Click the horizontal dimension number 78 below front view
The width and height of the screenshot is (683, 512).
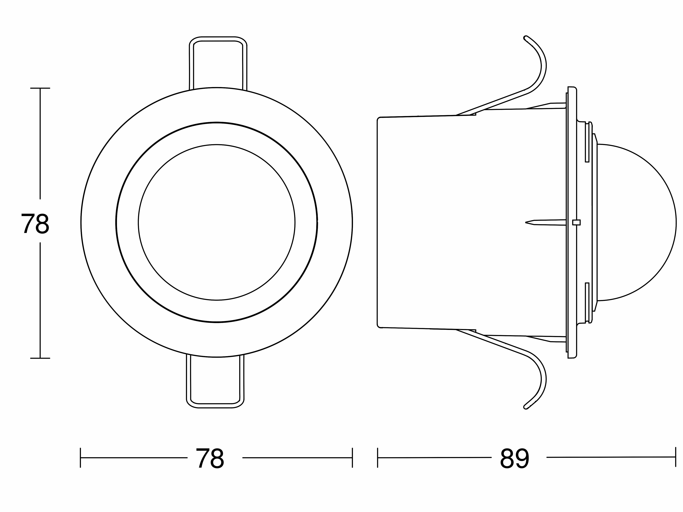pyautogui.click(x=210, y=458)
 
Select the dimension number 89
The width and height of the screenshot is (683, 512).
pyautogui.click(x=514, y=458)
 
